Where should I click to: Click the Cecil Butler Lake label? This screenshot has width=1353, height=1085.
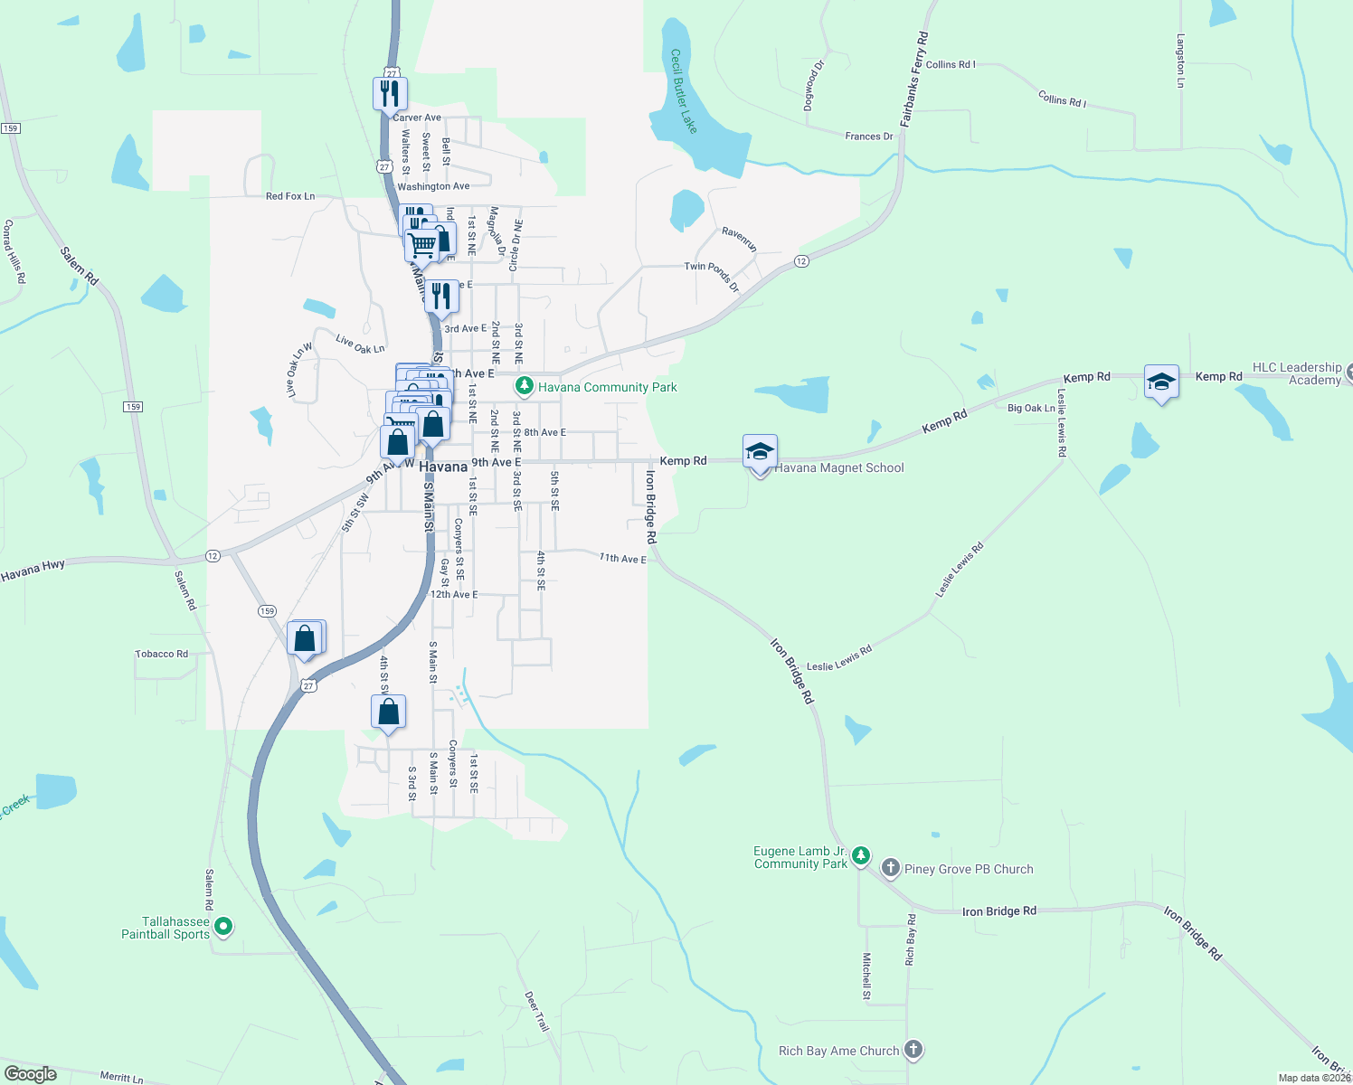[x=684, y=91]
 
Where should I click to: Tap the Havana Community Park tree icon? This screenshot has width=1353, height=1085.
[x=524, y=387]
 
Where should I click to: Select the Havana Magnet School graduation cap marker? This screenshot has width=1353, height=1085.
[x=760, y=451]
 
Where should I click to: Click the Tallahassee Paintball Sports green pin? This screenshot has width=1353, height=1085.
[x=224, y=927]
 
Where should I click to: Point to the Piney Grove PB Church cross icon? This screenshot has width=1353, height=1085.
[x=890, y=869]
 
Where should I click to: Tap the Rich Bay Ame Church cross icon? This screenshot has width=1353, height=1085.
[x=913, y=1050]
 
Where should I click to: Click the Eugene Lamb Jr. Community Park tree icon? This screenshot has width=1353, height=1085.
[x=861, y=855]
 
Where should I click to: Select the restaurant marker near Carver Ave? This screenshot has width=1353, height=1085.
[x=390, y=93]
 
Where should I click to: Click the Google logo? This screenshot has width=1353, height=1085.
[x=31, y=1073]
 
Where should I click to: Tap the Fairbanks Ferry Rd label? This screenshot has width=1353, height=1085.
[x=914, y=79]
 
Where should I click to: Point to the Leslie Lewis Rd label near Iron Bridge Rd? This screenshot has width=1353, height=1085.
[x=839, y=659]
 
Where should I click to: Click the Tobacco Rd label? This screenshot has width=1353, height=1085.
[x=162, y=654]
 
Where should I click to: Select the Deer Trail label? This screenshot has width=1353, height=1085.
[x=536, y=1012]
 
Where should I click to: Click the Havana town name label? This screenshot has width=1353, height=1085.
[x=443, y=467]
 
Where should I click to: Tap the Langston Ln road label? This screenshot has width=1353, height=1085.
[x=1180, y=61]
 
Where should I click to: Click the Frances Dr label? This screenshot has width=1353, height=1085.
[x=868, y=137]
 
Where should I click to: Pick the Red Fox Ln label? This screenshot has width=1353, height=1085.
[x=290, y=196]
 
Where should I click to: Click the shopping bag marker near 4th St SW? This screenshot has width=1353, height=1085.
[x=388, y=712]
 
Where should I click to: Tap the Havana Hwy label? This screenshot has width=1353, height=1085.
[x=33, y=571]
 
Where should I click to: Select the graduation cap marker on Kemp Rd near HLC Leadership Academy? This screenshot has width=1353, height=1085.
[x=1161, y=382]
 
